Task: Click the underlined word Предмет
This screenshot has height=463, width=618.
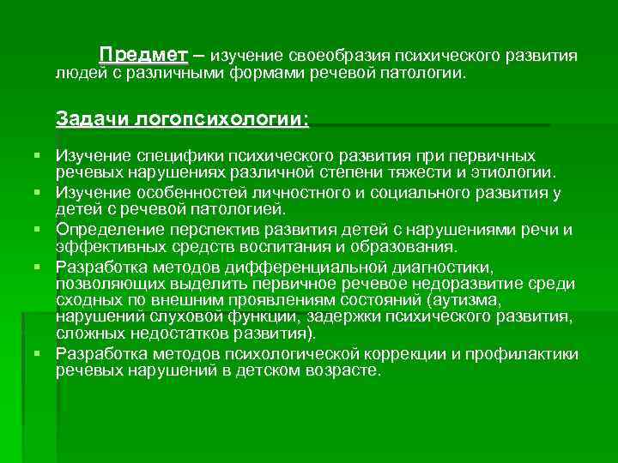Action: [x=143, y=55]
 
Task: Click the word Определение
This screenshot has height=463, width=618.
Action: [x=106, y=231]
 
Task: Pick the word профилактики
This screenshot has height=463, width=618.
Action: [x=526, y=354]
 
